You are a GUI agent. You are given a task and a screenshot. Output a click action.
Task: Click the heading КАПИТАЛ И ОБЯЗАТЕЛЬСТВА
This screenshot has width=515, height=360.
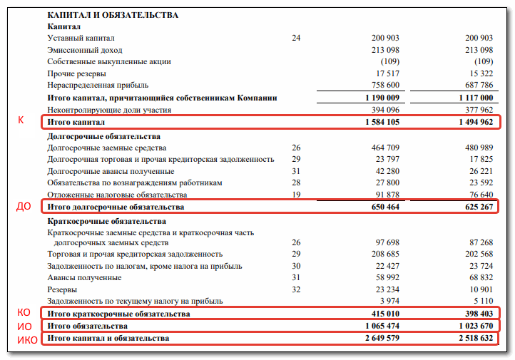113,14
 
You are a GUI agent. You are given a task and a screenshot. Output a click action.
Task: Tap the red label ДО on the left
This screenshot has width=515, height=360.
24,207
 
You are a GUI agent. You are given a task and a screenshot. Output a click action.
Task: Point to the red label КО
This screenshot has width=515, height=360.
24,313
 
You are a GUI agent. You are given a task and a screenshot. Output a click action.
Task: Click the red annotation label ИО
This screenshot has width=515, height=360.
24,326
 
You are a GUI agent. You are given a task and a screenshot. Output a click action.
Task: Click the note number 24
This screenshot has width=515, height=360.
296,38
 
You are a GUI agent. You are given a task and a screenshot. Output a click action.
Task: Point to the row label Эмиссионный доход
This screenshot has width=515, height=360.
85,50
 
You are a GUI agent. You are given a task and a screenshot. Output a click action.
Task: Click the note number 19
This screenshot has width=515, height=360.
296,195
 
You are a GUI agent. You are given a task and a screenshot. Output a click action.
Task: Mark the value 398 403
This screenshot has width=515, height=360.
476,314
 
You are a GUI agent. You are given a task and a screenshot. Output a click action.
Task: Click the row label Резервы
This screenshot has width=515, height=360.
63,289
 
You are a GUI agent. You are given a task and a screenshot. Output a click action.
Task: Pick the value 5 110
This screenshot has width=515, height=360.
481,302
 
